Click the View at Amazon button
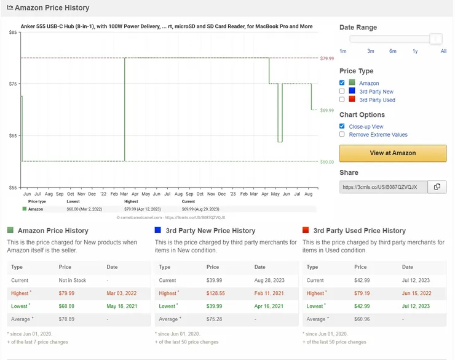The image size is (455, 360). [393, 153]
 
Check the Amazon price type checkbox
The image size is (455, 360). [342, 82]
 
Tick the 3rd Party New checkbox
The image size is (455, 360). [342, 91]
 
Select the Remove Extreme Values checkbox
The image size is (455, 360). [342, 134]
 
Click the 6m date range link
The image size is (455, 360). [393, 51]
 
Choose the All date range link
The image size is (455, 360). [443, 51]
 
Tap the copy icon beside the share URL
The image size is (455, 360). [437, 186]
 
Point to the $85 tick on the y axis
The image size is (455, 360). [13, 32]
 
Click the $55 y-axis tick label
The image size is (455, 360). [13, 188]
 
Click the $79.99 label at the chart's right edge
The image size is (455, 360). [327, 58]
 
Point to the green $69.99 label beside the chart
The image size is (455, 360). [327, 110]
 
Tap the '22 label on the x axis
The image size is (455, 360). [103, 194]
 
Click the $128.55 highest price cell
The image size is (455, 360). [216, 293]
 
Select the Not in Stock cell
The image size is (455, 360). [73, 281]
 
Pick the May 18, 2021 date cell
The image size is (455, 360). [122, 306]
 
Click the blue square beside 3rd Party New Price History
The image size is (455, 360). [158, 230]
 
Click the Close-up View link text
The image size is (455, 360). [366, 127]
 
